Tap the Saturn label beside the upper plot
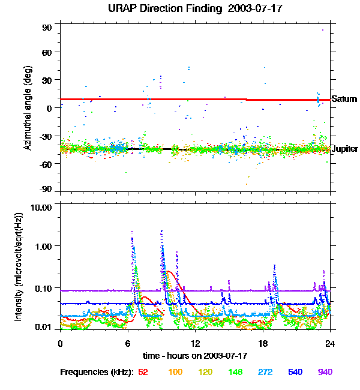pos(344,99)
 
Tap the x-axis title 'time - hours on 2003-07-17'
pos(196,356)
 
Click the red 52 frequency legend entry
pos(143,372)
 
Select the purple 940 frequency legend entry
pos(325,372)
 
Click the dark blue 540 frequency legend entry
pos(295,372)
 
